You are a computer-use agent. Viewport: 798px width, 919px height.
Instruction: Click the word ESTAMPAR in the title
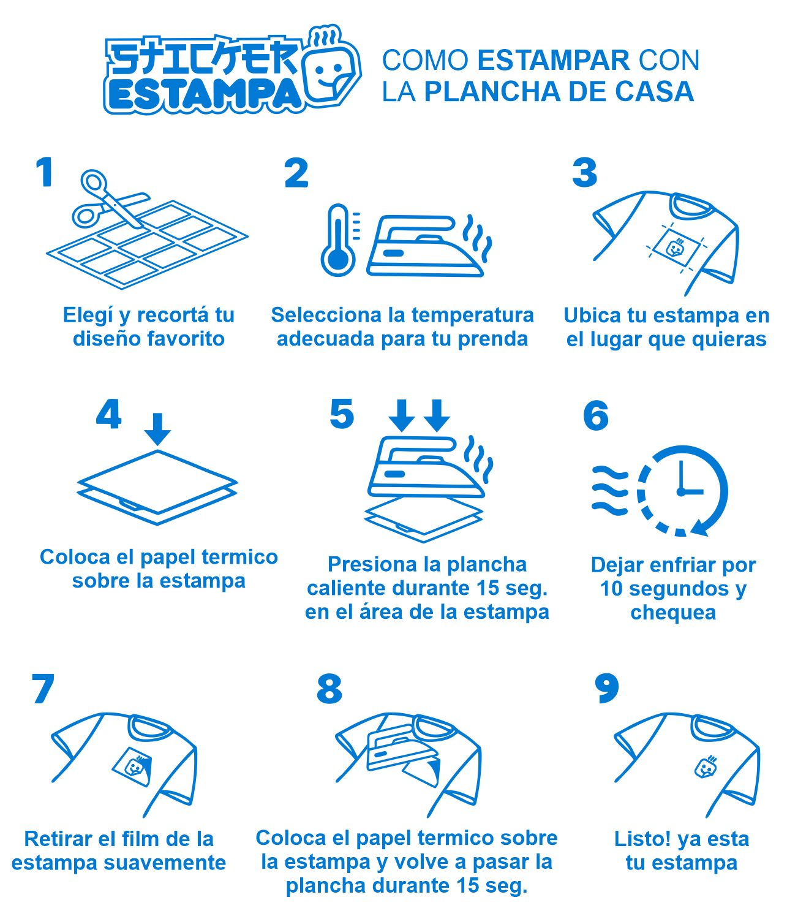(x=554, y=60)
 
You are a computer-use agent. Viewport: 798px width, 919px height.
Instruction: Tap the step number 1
(x=45, y=172)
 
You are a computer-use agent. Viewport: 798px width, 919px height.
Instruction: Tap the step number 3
(x=585, y=173)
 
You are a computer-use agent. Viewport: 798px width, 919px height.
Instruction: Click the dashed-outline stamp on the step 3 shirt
(x=676, y=246)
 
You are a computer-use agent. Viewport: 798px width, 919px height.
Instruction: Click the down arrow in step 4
(x=157, y=429)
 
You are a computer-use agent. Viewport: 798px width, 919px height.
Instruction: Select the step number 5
(x=342, y=414)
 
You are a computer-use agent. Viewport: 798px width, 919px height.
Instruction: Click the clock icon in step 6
(x=682, y=491)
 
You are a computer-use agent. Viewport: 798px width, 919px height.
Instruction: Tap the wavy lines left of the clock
(x=609, y=491)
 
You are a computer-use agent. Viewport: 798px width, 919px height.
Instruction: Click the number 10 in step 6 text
(x=611, y=589)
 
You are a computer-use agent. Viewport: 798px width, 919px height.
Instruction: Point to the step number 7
(x=43, y=689)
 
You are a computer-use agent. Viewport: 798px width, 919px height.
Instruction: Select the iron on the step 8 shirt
(x=402, y=747)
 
